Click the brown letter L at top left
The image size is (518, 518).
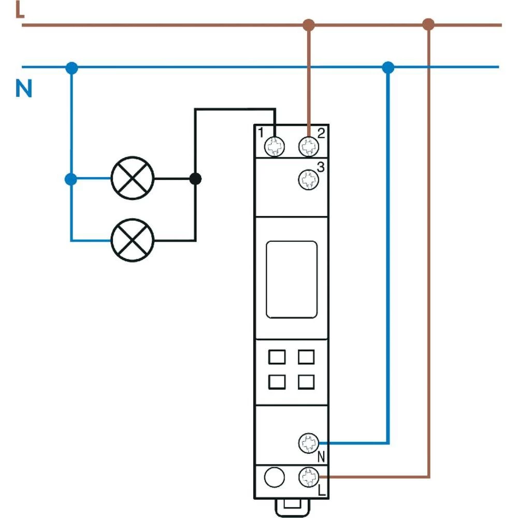20,9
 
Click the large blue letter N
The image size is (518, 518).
24,89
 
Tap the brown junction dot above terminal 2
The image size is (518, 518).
309,24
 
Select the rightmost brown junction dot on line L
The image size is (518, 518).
428,24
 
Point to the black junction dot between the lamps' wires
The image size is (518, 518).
195,179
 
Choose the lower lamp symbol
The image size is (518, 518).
133,240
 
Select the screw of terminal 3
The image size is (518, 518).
309,180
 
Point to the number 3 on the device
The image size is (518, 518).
321,167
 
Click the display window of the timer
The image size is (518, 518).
291,279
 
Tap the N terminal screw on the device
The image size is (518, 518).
309,443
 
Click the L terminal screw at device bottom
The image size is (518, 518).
309,476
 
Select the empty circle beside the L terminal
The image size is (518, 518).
275,476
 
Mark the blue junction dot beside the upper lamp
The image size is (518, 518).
71,179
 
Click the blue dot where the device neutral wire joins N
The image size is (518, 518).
387,67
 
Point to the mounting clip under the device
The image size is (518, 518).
291,508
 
